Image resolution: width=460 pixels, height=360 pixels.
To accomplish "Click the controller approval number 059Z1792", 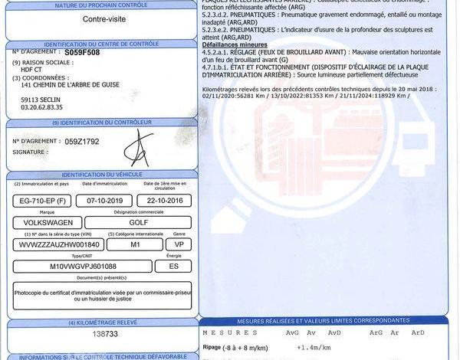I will pyautogui.click(x=82, y=142).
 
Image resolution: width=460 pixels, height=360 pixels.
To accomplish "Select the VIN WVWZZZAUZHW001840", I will pyautogui.click(x=55, y=244).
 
